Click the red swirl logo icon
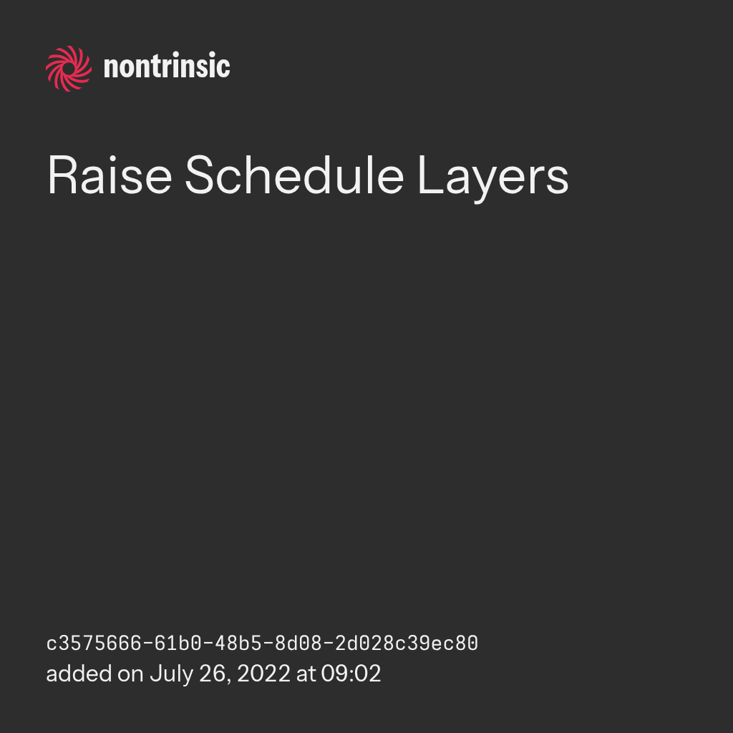pos(69,69)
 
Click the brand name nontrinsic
pos(167,66)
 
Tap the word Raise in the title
pos(110,176)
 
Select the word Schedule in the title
pos(294,175)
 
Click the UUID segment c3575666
pos(94,644)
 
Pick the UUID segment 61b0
pos(178,644)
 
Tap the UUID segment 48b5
pos(238,644)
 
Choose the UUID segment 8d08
pos(298,644)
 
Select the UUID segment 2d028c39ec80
pos(407,644)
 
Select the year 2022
pos(263,674)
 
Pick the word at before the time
pos(306,674)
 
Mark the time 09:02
pos(351,674)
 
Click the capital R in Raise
pos(62,175)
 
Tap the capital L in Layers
pos(430,175)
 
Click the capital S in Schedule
pos(200,175)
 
